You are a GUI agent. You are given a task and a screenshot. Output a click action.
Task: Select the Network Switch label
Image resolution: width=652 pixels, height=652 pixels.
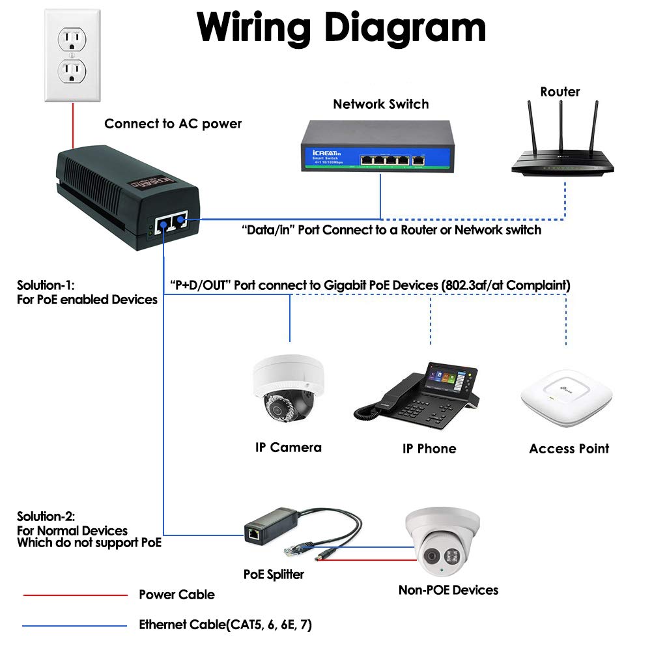[x=380, y=104]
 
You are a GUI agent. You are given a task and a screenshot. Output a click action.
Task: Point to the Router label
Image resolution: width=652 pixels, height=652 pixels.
[x=560, y=92]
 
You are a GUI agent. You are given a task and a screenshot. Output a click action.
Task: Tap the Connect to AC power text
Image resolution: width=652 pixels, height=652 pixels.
[x=173, y=124]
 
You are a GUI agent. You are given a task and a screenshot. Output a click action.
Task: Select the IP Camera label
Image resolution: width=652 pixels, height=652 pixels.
[x=288, y=447]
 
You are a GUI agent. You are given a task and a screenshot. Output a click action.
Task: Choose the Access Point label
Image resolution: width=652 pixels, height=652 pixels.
[x=569, y=449]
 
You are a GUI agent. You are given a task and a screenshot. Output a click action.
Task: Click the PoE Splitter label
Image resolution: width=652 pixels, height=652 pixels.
[x=274, y=574]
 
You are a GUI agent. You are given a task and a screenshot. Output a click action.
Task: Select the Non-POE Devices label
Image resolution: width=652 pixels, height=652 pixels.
[x=448, y=590]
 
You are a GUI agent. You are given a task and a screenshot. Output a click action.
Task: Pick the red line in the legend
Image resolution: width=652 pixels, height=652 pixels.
[x=75, y=595]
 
